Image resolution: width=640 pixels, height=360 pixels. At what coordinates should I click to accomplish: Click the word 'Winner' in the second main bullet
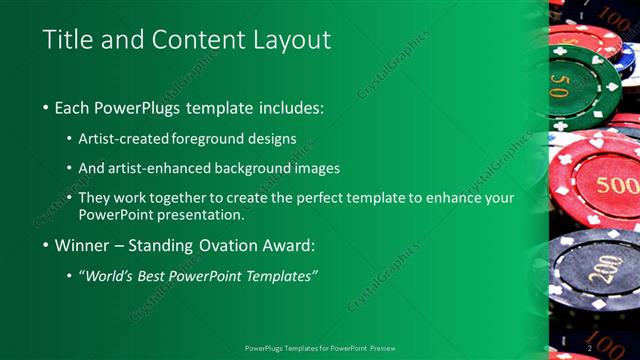(x=87, y=245)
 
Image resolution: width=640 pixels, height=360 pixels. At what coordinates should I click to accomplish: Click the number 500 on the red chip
(x=617, y=186)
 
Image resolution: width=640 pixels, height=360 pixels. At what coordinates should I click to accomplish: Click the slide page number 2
(x=590, y=347)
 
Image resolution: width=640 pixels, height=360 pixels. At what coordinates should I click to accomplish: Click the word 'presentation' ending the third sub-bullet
(x=189, y=215)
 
